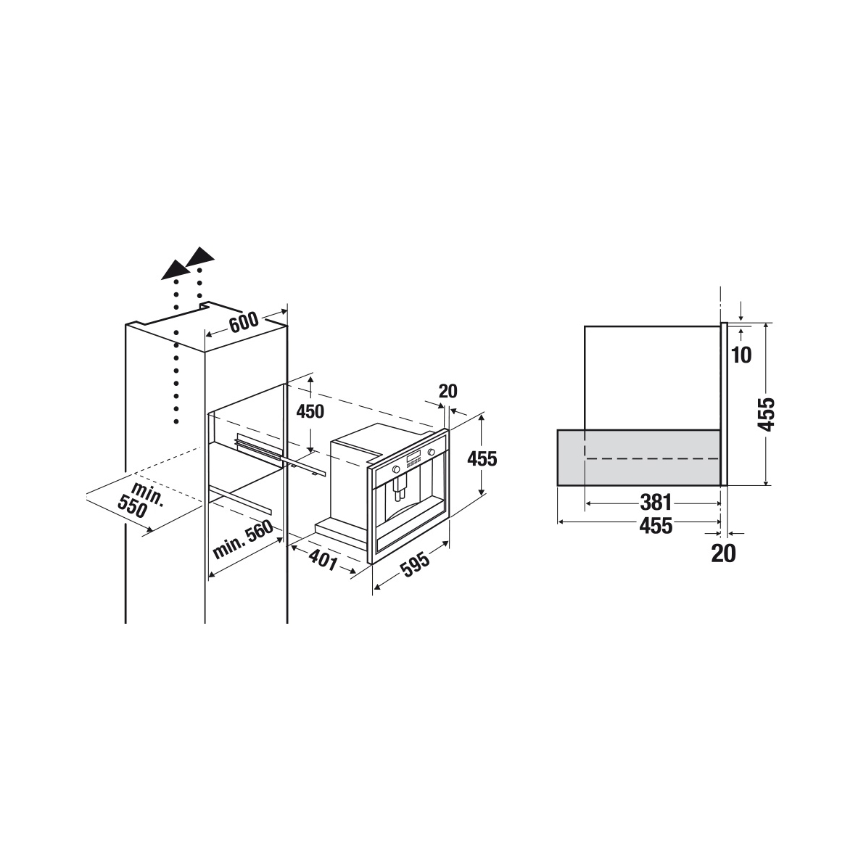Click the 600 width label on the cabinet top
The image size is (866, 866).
click(244, 321)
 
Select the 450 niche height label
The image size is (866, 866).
click(310, 411)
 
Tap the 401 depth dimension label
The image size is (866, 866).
click(323, 559)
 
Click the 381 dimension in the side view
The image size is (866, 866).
click(656, 503)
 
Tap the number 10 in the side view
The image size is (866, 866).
click(741, 355)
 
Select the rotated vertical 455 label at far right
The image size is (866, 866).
click(766, 413)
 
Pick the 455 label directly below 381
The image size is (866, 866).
click(656, 526)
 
